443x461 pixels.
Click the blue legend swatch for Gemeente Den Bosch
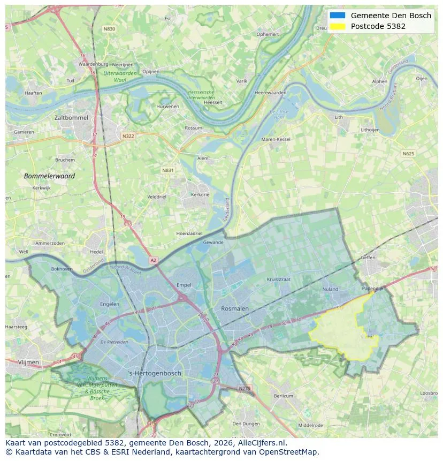[338, 16]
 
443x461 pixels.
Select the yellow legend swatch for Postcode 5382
[338, 26]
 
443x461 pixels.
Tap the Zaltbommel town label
[71, 117]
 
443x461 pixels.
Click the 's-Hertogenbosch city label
[155, 373]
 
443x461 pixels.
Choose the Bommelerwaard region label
[49, 176]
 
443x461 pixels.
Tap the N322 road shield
[128, 136]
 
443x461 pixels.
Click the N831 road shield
[168, 170]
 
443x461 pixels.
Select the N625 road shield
[408, 154]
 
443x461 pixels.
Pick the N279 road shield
[244, 388]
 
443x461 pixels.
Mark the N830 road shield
[109, 28]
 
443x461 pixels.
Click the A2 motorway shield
[154, 260]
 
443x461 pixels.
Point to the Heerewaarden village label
[270, 93]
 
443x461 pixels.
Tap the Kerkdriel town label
[201, 194]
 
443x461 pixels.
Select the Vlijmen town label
[28, 362]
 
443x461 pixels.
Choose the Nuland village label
[330, 289]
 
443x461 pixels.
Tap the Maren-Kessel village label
[276, 139]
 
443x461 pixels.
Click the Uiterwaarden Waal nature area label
[120, 75]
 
